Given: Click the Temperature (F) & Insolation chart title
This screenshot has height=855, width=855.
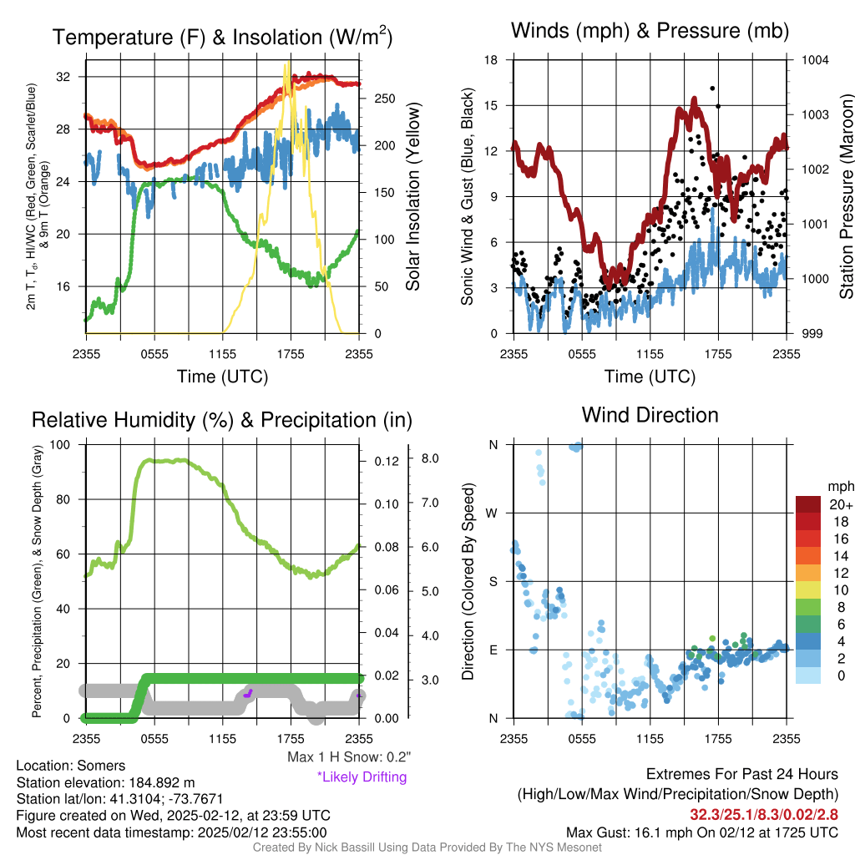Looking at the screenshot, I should [x=222, y=37].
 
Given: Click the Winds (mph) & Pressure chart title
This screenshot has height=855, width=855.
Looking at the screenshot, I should [x=650, y=32].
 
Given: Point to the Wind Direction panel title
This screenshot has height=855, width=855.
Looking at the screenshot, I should [x=650, y=414].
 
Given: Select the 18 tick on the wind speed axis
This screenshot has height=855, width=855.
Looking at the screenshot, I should [x=491, y=60].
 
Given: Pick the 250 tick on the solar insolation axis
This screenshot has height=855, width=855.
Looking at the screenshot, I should [x=383, y=99].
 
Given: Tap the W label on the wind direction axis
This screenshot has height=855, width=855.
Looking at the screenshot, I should [x=493, y=513].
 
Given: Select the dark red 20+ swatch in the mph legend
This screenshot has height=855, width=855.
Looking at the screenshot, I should [x=809, y=504].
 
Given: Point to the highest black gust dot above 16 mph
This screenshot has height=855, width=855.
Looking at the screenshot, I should [x=712, y=88].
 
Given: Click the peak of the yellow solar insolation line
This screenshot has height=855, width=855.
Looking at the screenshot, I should [x=287, y=63].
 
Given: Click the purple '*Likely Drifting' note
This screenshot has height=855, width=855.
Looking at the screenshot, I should [x=362, y=777].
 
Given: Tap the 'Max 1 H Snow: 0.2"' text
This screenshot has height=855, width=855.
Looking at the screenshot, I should [x=349, y=757].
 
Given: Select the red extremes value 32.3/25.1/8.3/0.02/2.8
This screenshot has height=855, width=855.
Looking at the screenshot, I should [x=763, y=814].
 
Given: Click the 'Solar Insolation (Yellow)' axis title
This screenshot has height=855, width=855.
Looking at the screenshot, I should [x=412, y=196].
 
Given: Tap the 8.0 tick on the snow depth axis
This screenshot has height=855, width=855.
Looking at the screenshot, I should [x=431, y=458].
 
